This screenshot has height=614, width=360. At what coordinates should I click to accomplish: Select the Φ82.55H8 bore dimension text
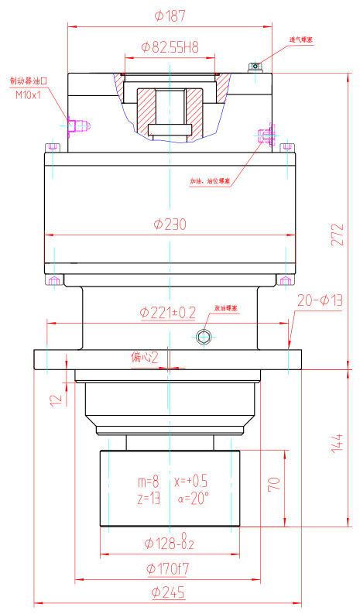tap(170, 47)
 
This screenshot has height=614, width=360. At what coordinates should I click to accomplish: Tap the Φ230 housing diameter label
tap(170, 225)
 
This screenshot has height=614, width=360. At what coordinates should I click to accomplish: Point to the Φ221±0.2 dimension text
tap(167, 311)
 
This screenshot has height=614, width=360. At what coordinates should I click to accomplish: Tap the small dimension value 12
tap(54, 400)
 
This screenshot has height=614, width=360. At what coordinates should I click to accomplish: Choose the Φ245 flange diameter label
tap(169, 592)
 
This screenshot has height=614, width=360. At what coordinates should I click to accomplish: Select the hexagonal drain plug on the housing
tap(204, 335)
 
